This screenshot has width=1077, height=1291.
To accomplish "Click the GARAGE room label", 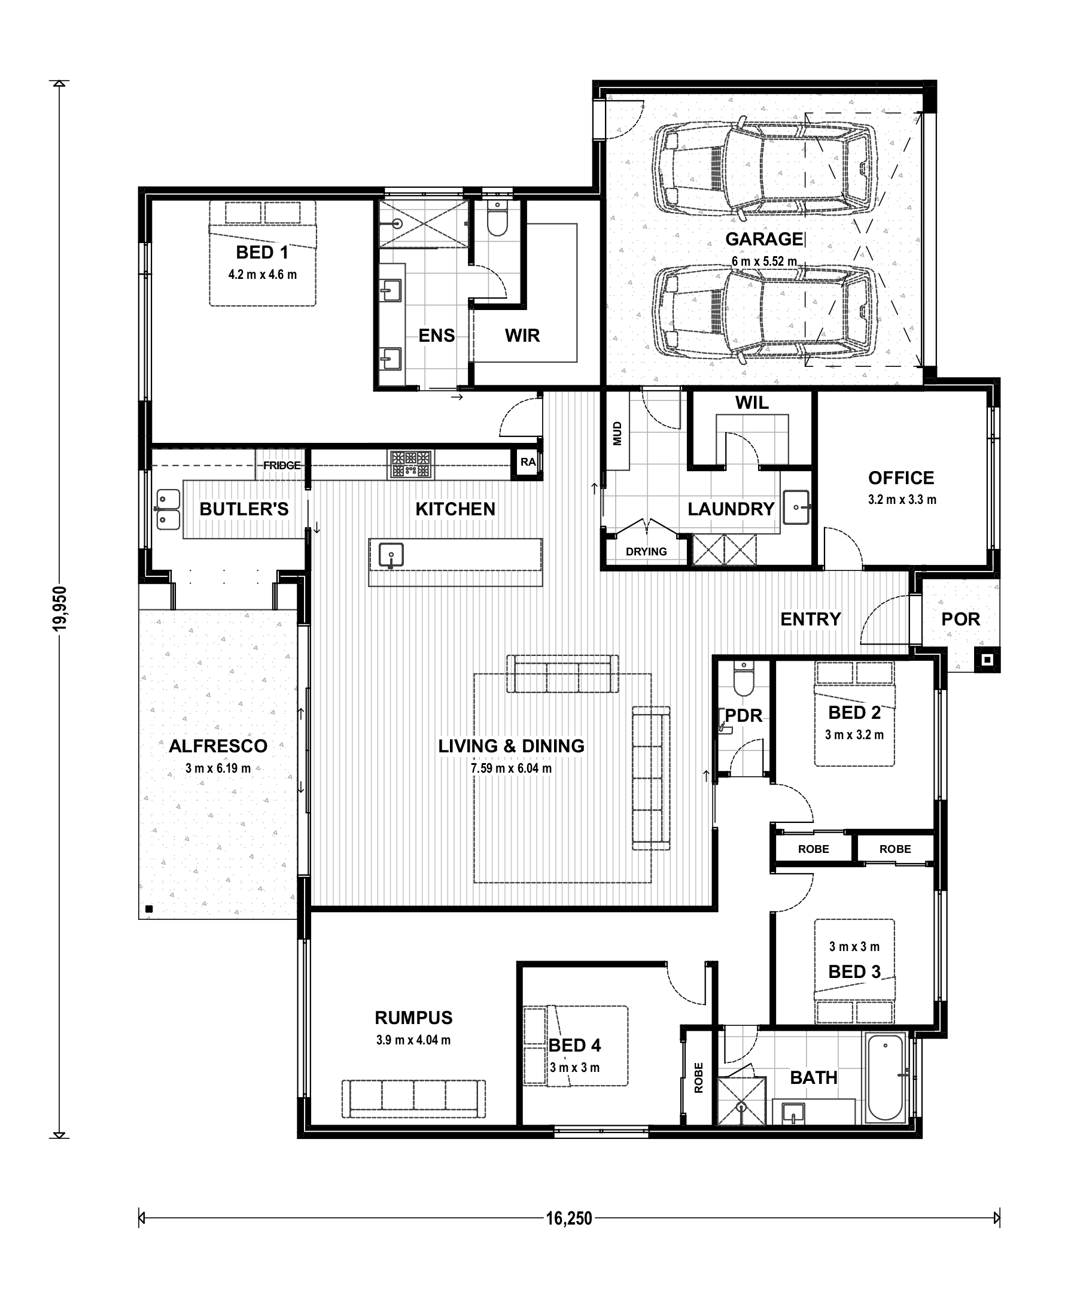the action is point(764,239).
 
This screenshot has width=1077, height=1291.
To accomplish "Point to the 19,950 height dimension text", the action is point(60,609).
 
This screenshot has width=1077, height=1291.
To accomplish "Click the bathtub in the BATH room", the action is point(885,1077).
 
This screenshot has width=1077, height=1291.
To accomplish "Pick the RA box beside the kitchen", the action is point(528,461).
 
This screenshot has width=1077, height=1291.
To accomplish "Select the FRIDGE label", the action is point(282,466).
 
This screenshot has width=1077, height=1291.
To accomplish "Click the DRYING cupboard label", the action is point(646,551).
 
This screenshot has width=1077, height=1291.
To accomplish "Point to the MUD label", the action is point(617,433).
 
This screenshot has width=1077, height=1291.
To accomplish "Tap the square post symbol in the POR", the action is point(987,660).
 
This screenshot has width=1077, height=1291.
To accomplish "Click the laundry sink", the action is point(797,507).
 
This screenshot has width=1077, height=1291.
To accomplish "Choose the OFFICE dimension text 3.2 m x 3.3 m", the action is point(902,500).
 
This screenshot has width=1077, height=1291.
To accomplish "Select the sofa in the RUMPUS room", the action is point(413,1099).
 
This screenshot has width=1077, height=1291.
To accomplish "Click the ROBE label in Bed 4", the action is point(698,1078).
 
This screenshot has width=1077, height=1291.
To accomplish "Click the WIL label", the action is point(752,403).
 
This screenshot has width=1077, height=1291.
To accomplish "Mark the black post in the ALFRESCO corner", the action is point(149,909).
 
